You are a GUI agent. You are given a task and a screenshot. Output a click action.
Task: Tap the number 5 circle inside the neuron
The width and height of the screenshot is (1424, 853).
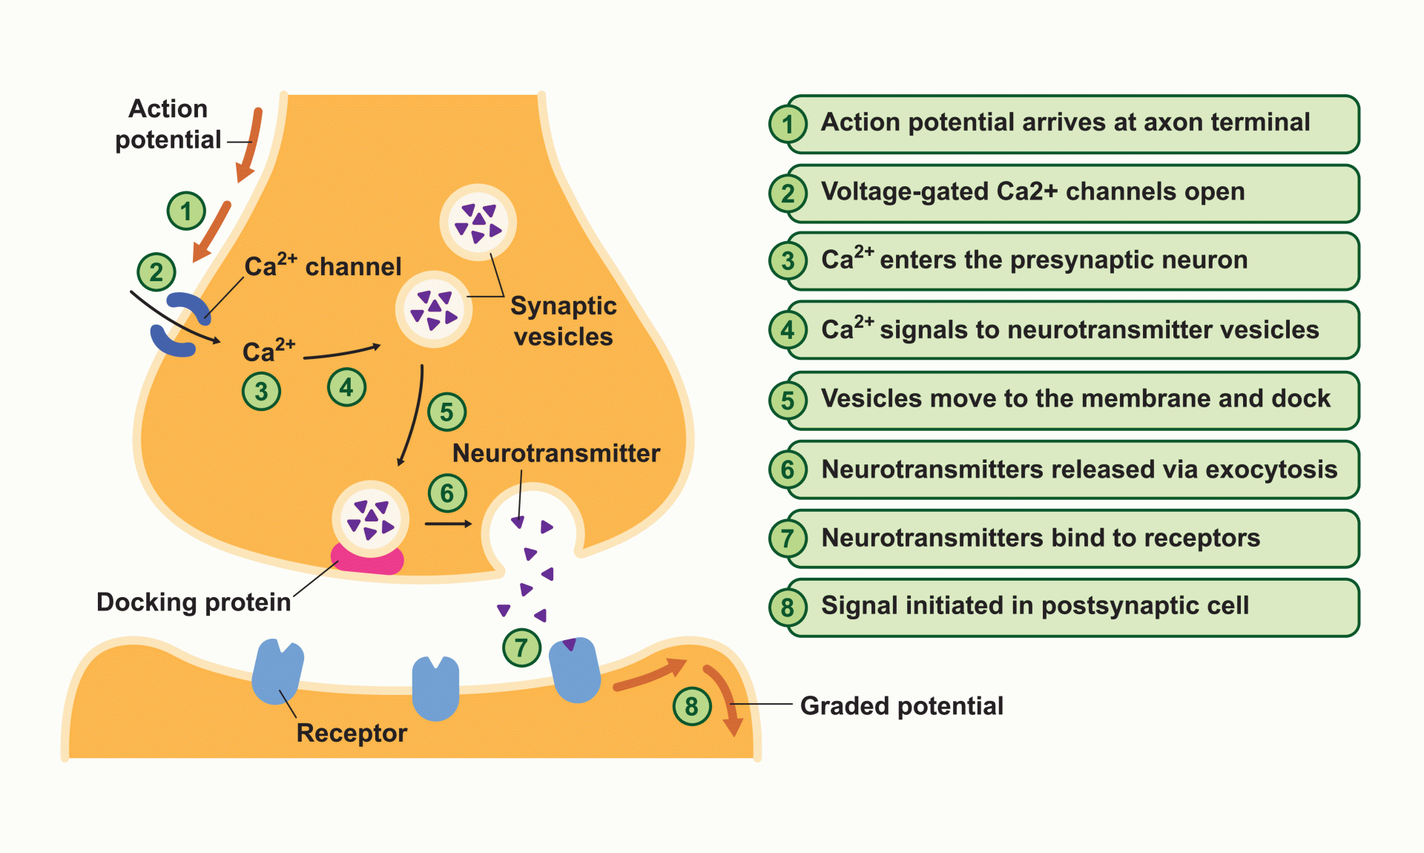coord(446,412)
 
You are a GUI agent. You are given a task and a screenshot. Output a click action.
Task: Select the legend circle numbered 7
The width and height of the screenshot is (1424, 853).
coord(788,539)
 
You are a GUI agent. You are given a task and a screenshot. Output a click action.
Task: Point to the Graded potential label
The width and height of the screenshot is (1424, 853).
coord(901,705)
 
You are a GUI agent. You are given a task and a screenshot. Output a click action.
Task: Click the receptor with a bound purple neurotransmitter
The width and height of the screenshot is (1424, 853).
coord(575,670)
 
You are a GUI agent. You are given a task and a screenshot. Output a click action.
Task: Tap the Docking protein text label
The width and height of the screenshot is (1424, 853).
coord(194,602)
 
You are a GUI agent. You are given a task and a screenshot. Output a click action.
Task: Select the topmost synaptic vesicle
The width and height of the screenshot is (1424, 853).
coord(478,222)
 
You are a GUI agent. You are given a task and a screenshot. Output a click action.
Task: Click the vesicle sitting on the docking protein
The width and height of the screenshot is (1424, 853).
coord(370,518)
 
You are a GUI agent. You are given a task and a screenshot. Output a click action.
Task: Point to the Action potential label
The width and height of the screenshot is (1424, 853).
coord(168,124)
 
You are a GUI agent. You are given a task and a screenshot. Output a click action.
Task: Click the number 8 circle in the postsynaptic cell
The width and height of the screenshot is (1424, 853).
coord(691,706)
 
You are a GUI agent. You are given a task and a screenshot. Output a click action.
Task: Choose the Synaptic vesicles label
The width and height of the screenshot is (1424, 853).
coord(564,320)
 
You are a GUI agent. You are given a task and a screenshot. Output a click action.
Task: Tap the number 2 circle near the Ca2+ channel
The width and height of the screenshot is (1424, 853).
coord(156,272)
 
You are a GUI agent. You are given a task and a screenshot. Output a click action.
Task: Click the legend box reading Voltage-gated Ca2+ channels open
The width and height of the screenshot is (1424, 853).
coord(1072,193)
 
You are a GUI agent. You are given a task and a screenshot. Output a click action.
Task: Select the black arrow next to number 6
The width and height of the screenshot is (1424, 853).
coord(448,524)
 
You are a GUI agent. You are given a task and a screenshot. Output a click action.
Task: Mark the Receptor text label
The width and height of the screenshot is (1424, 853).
coord(352,733)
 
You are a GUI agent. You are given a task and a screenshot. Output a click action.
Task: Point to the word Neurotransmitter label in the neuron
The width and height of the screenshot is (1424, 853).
coord(556,452)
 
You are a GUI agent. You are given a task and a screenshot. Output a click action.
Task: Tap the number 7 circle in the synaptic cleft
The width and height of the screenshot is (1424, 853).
coord(521,648)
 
